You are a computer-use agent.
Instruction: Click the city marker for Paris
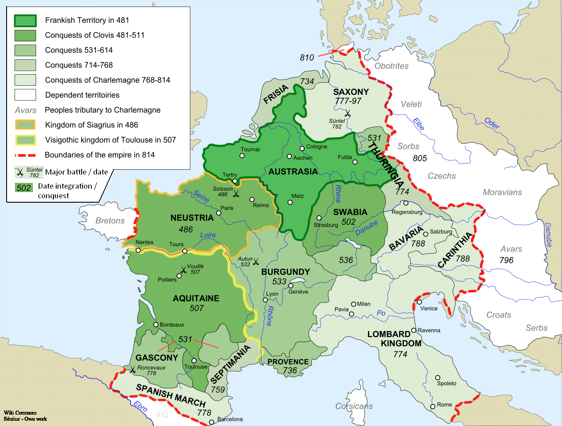219,213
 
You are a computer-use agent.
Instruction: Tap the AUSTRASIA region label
293,171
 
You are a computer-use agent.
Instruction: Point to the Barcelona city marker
212,422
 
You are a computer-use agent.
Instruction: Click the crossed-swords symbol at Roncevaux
132,370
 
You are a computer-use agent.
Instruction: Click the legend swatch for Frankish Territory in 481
25,20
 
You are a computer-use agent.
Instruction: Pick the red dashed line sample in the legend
25,155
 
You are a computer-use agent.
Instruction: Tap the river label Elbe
418,124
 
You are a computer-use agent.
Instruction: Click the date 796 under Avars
506,260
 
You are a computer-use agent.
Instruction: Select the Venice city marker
419,302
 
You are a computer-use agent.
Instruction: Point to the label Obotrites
391,66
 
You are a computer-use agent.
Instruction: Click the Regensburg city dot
406,203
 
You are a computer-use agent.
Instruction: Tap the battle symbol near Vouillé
184,269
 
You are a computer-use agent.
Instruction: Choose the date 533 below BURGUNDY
279,281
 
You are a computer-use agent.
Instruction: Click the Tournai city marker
243,156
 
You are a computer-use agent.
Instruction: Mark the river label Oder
492,124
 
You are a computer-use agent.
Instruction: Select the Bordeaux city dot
155,324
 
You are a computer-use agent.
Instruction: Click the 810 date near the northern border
307,58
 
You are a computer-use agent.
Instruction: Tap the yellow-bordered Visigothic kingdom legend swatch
25,140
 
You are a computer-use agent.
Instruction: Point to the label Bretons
110,221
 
